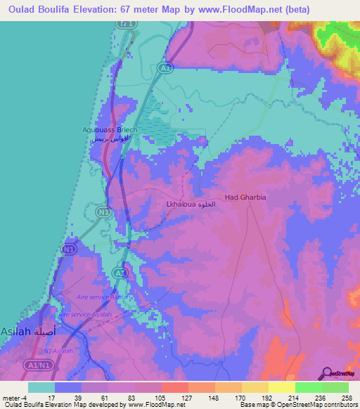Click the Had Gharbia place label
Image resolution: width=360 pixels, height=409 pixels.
245,197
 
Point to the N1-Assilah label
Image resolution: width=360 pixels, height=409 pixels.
58,351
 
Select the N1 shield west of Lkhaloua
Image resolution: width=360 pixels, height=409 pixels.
104,211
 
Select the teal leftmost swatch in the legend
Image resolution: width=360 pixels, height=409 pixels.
41,387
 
